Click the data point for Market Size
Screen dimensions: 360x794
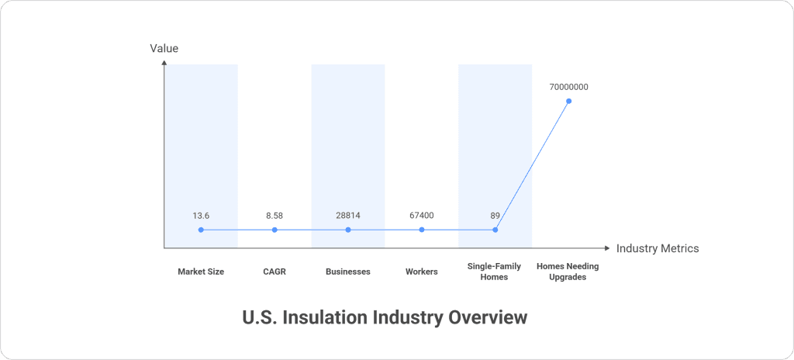[201, 230]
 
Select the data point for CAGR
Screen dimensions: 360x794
[274, 230]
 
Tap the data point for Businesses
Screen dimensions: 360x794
[348, 230]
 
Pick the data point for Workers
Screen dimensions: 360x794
[422, 230]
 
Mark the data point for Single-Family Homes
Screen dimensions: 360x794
[495, 230]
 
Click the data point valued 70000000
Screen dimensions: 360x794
[569, 101]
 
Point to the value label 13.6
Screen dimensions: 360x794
[201, 216]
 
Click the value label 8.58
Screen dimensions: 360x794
[274, 216]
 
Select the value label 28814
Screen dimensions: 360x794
[348, 216]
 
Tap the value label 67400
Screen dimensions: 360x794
[422, 216]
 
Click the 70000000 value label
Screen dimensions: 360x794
[568, 87]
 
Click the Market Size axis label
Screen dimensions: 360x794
[201, 272]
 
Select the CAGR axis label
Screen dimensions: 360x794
[274, 272]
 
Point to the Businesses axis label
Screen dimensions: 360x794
[348, 272]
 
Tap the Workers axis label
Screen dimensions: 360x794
[422, 272]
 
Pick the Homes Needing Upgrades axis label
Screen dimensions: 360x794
[568, 272]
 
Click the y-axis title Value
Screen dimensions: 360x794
[164, 48]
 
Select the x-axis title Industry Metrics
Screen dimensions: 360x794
[658, 248]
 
